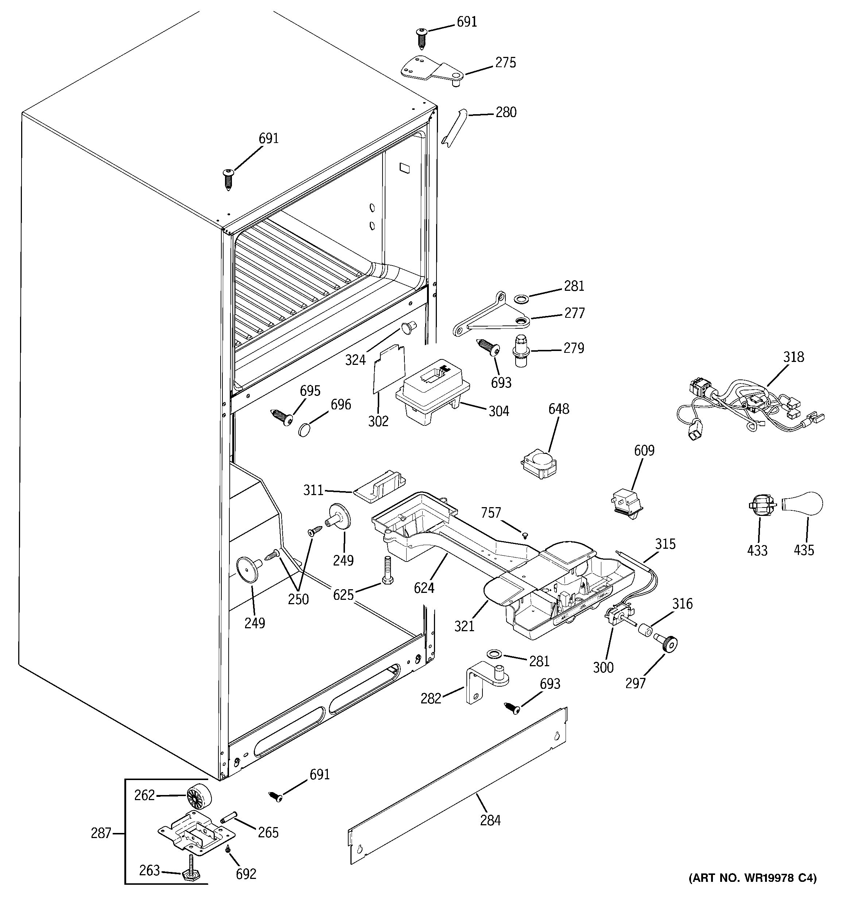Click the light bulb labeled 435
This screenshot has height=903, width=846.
tap(805, 504)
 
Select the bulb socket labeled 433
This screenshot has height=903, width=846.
tap(760, 506)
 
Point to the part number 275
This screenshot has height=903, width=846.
tap(505, 63)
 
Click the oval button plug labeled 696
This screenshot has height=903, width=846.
tap(305, 429)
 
